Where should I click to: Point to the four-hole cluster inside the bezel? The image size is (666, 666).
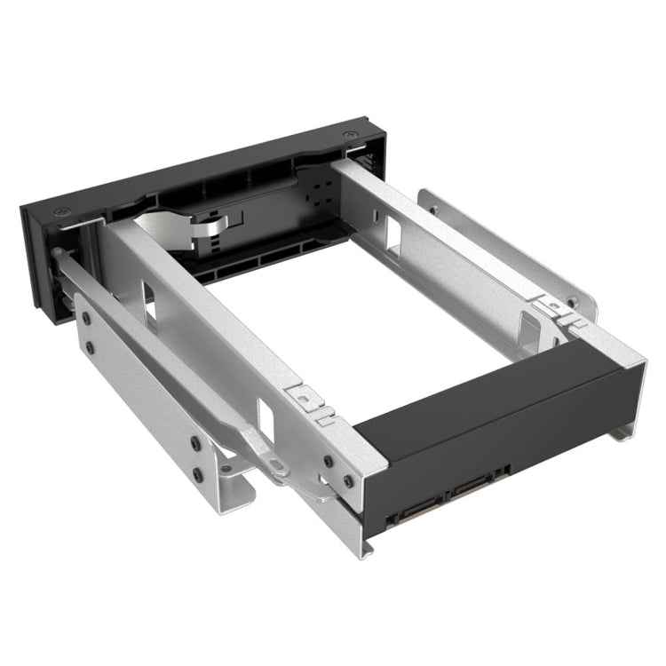[318, 197]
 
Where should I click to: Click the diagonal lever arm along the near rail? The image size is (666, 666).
[178, 355]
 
